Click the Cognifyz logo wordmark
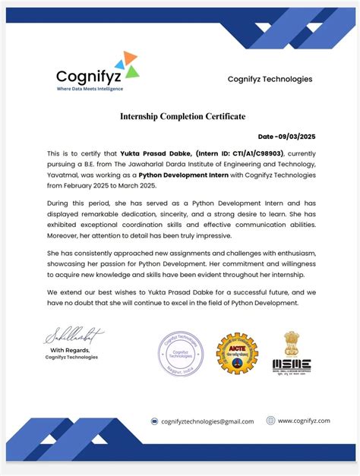tap(87, 76)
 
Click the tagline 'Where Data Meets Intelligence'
tap(90, 89)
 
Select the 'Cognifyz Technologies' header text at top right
tap(270, 79)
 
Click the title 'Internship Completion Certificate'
tap(182, 116)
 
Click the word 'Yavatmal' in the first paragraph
tap(64, 174)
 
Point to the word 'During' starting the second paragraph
tap(60, 204)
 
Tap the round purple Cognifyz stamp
tap(181, 354)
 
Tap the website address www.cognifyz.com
tap(303, 421)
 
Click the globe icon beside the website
tap(270, 420)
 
